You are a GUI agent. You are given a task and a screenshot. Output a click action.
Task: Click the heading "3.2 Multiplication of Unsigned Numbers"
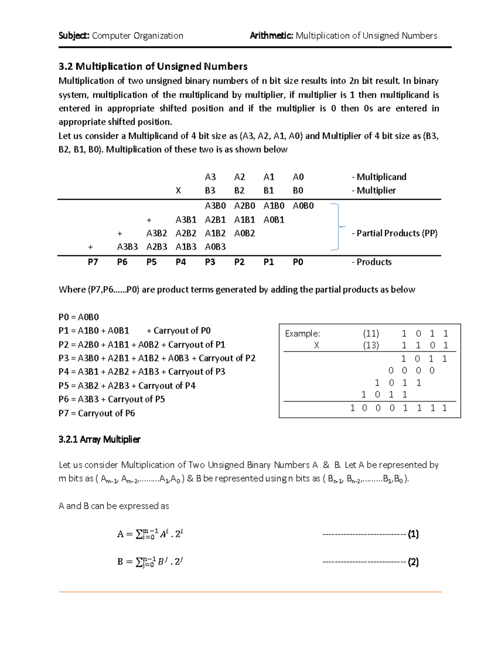tap(153, 66)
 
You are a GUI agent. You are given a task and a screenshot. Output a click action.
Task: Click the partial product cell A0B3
tap(215, 247)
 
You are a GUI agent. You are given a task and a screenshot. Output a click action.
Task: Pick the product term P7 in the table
tap(93, 262)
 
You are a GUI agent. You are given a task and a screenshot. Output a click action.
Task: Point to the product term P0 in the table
tap(298, 262)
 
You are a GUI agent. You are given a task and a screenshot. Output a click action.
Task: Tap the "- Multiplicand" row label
tap(378, 177)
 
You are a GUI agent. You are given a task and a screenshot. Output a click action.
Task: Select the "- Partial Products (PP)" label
tap(394, 233)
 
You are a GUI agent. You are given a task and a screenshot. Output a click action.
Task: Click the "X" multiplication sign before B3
tap(178, 191)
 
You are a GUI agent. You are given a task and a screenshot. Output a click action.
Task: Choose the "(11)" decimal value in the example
tap(371, 334)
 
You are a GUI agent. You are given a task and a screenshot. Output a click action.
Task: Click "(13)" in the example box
tap(371, 345)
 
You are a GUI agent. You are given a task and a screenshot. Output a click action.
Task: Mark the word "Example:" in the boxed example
tap(303, 334)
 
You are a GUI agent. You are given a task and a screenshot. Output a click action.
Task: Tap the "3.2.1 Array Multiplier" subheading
tap(100, 439)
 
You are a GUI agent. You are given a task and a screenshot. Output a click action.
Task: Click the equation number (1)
tap(413, 534)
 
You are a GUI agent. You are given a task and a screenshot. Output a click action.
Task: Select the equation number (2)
tap(413, 562)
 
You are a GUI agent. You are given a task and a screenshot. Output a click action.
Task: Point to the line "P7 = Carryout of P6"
tap(97, 413)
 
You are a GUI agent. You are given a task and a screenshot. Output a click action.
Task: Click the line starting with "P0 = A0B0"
tap(79, 317)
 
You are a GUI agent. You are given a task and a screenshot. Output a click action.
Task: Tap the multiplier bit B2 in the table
tap(239, 191)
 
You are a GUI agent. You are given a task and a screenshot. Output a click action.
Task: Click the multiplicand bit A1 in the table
tap(269, 177)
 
